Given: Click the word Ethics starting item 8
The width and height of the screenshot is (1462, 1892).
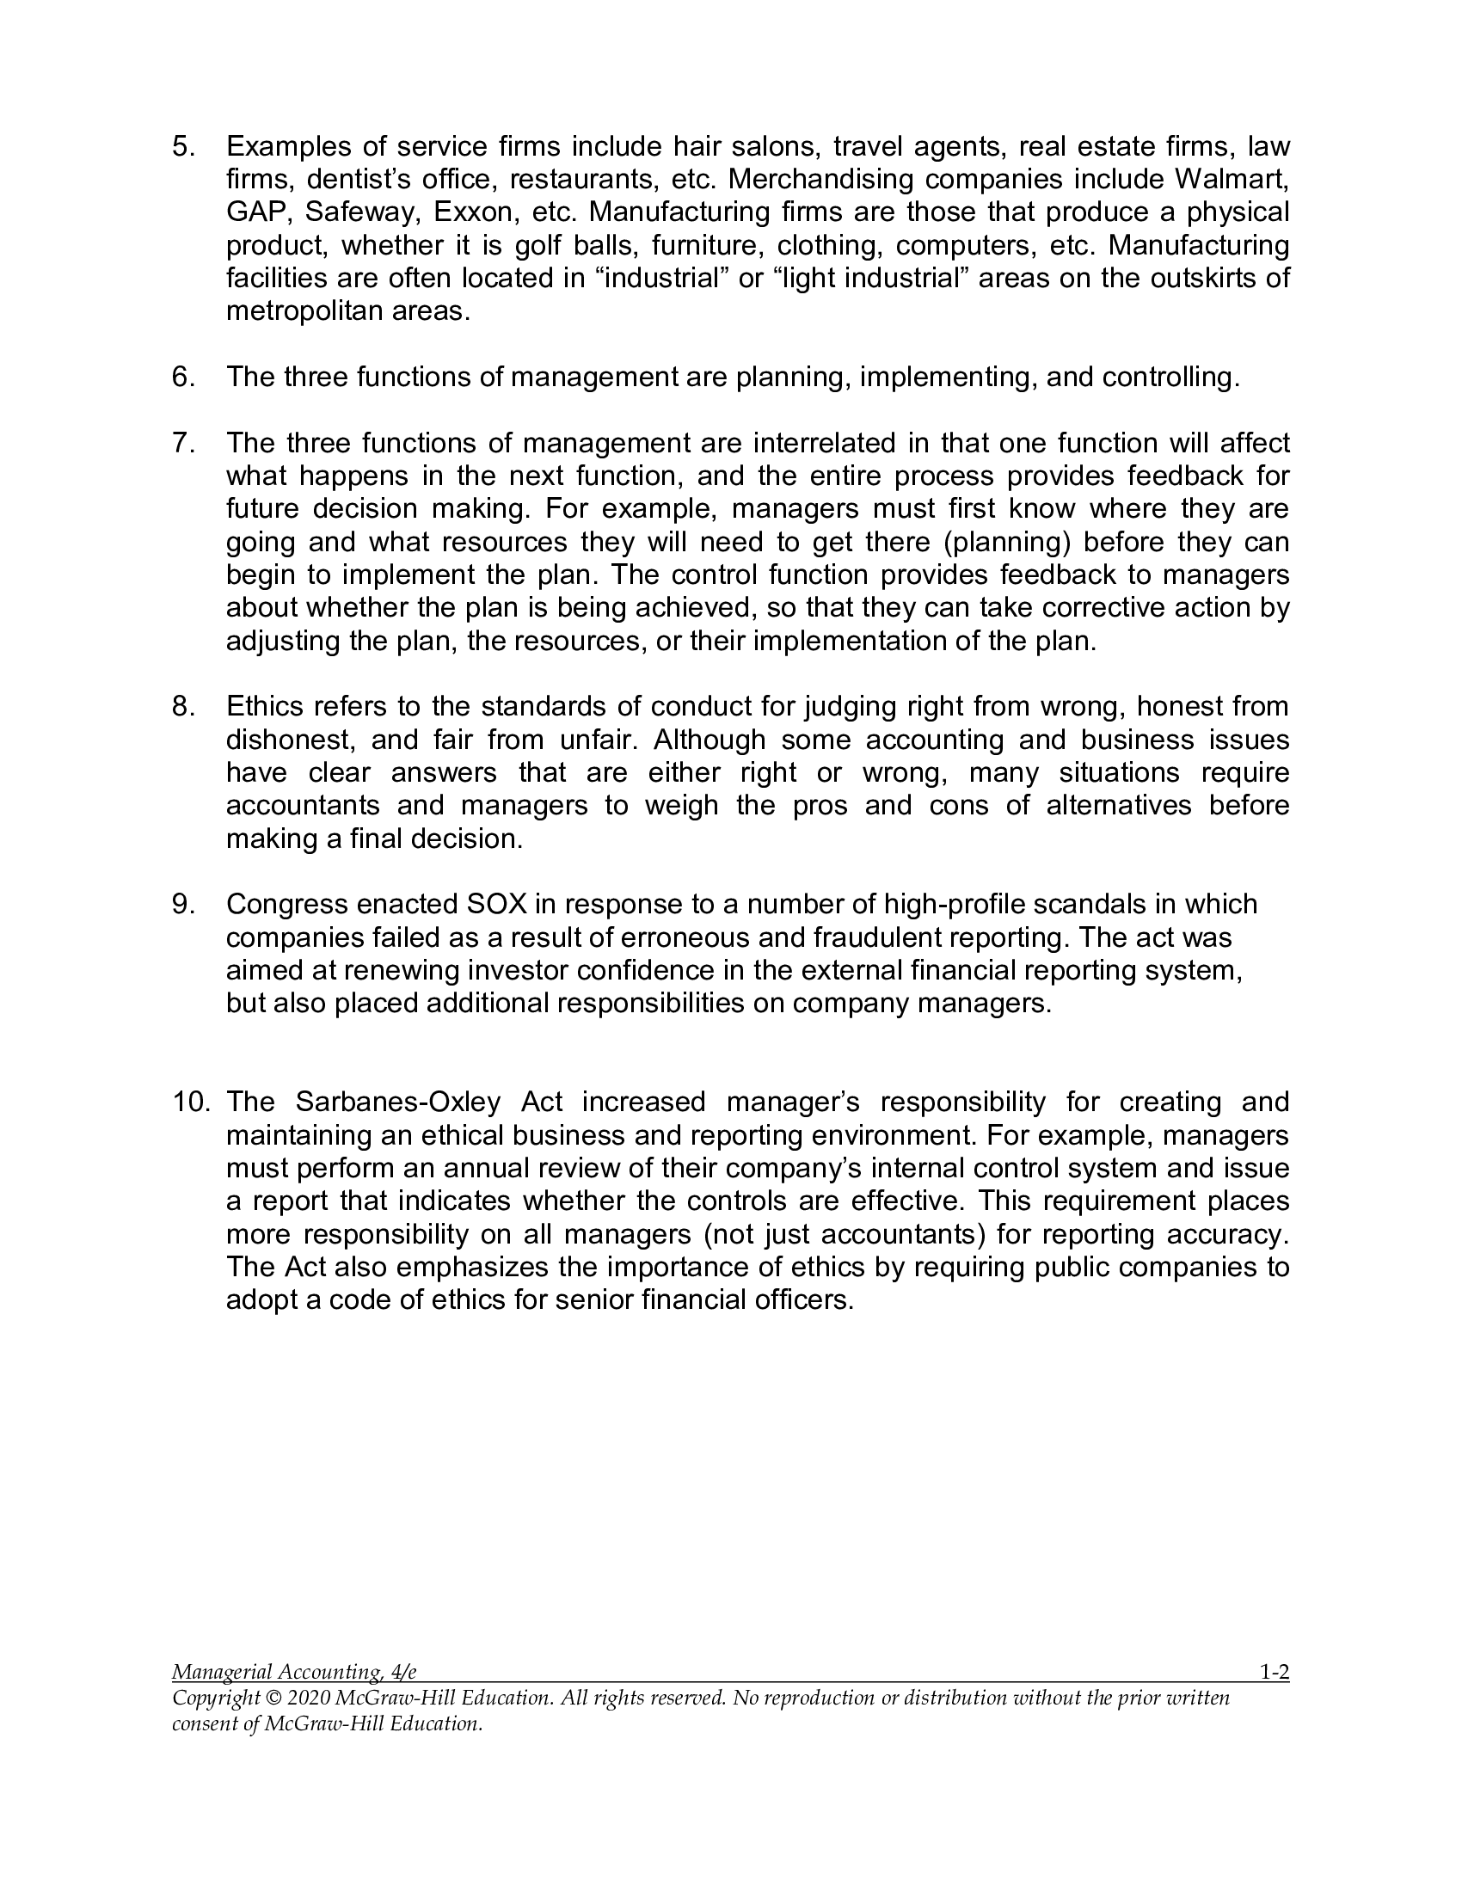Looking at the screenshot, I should coord(264,706).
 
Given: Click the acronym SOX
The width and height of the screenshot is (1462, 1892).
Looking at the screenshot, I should coord(496,904).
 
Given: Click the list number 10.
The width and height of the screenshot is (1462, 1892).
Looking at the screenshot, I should coord(192,1101).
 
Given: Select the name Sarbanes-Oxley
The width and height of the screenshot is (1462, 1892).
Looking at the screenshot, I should coord(398,1101).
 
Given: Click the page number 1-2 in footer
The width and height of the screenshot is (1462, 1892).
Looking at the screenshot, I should coord(1273,1673).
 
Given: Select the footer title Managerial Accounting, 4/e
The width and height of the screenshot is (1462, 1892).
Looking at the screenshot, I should coord(294,1673).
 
